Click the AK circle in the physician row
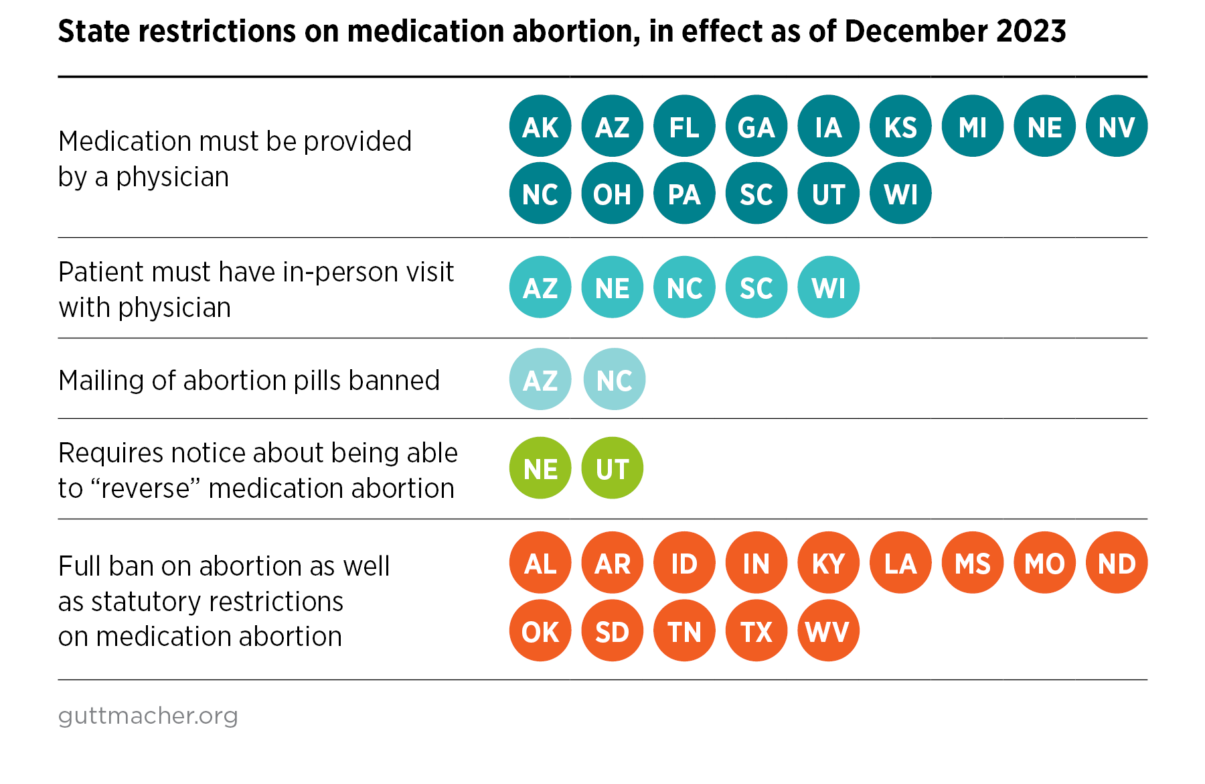(540, 126)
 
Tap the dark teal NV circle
(1117, 126)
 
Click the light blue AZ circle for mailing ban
(540, 379)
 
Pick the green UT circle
(613, 468)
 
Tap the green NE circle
(540, 468)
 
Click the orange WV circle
(828, 631)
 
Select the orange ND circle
(1117, 563)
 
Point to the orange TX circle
(756, 631)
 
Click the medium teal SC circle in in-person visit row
(756, 287)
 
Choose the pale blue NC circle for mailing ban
(615, 379)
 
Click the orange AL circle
(540, 563)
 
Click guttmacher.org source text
(148, 716)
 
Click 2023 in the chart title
(1031, 31)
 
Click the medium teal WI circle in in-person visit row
(828, 287)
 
